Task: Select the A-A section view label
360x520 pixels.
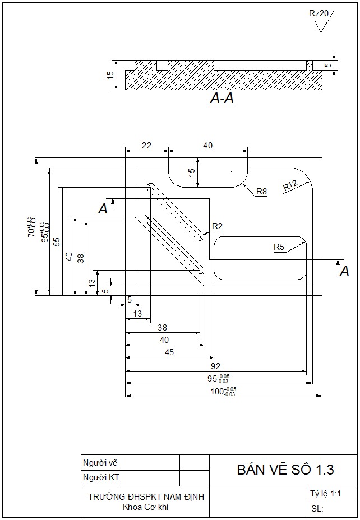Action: (222, 99)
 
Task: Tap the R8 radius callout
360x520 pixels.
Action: (261, 192)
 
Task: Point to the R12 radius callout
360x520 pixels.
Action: (290, 185)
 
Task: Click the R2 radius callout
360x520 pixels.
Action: (217, 226)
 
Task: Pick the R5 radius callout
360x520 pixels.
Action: (279, 247)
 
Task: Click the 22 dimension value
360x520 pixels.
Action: (146, 146)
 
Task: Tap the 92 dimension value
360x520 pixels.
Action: (216, 365)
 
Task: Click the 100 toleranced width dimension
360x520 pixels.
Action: (223, 391)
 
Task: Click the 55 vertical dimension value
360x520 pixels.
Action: (57, 242)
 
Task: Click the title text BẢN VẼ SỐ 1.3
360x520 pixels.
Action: (284, 469)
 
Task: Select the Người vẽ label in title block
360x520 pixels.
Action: (100, 463)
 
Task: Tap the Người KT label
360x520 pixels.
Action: (101, 478)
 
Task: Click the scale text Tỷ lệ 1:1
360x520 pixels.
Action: (325, 494)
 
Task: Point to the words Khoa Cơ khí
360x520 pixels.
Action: (146, 508)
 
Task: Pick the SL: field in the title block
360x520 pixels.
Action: (317, 509)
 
